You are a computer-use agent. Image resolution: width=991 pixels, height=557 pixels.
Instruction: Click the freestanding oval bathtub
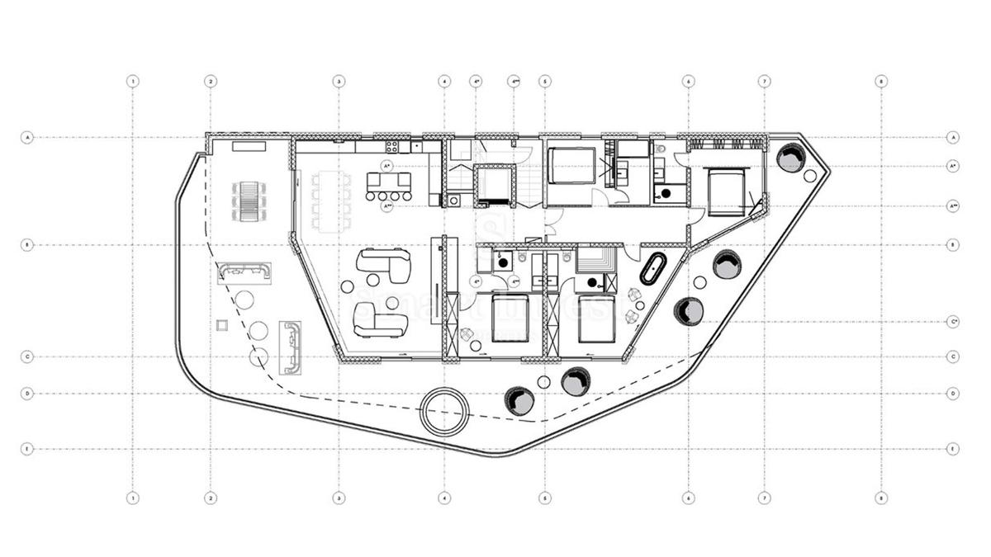click(x=653, y=269)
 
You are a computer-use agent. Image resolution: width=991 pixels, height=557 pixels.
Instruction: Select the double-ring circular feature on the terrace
click(x=444, y=410)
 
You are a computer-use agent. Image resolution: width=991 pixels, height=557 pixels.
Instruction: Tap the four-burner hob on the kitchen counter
click(x=393, y=147)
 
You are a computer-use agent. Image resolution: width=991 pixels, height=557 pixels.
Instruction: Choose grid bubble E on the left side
click(x=27, y=450)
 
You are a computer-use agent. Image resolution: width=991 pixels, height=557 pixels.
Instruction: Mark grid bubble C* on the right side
click(x=953, y=321)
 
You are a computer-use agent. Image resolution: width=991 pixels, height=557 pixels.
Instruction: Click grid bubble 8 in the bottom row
click(x=882, y=498)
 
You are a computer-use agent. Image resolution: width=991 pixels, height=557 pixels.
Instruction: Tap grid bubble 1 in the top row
click(x=131, y=82)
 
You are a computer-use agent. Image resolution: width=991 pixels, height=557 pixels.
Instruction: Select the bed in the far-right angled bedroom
click(x=726, y=191)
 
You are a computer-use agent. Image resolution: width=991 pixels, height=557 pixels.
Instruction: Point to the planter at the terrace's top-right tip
click(x=790, y=156)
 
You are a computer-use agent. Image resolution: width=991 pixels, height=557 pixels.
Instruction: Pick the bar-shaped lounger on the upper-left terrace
click(x=244, y=271)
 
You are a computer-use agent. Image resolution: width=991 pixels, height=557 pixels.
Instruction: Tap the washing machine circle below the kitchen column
click(x=454, y=200)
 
